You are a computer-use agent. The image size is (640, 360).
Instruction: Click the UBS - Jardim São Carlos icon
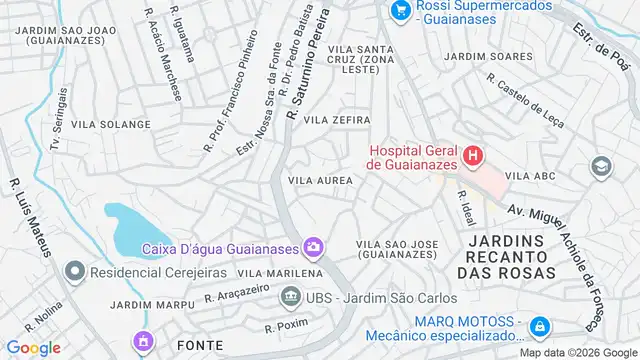290,297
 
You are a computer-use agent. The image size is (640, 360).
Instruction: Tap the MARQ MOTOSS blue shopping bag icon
539,327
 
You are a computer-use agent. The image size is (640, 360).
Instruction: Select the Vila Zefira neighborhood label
344,119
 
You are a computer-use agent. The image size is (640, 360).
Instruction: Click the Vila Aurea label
320,180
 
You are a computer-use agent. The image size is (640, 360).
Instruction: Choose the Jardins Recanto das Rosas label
511,256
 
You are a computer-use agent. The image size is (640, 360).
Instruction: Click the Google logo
32,348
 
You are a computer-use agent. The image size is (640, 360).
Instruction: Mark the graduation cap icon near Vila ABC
601,166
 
